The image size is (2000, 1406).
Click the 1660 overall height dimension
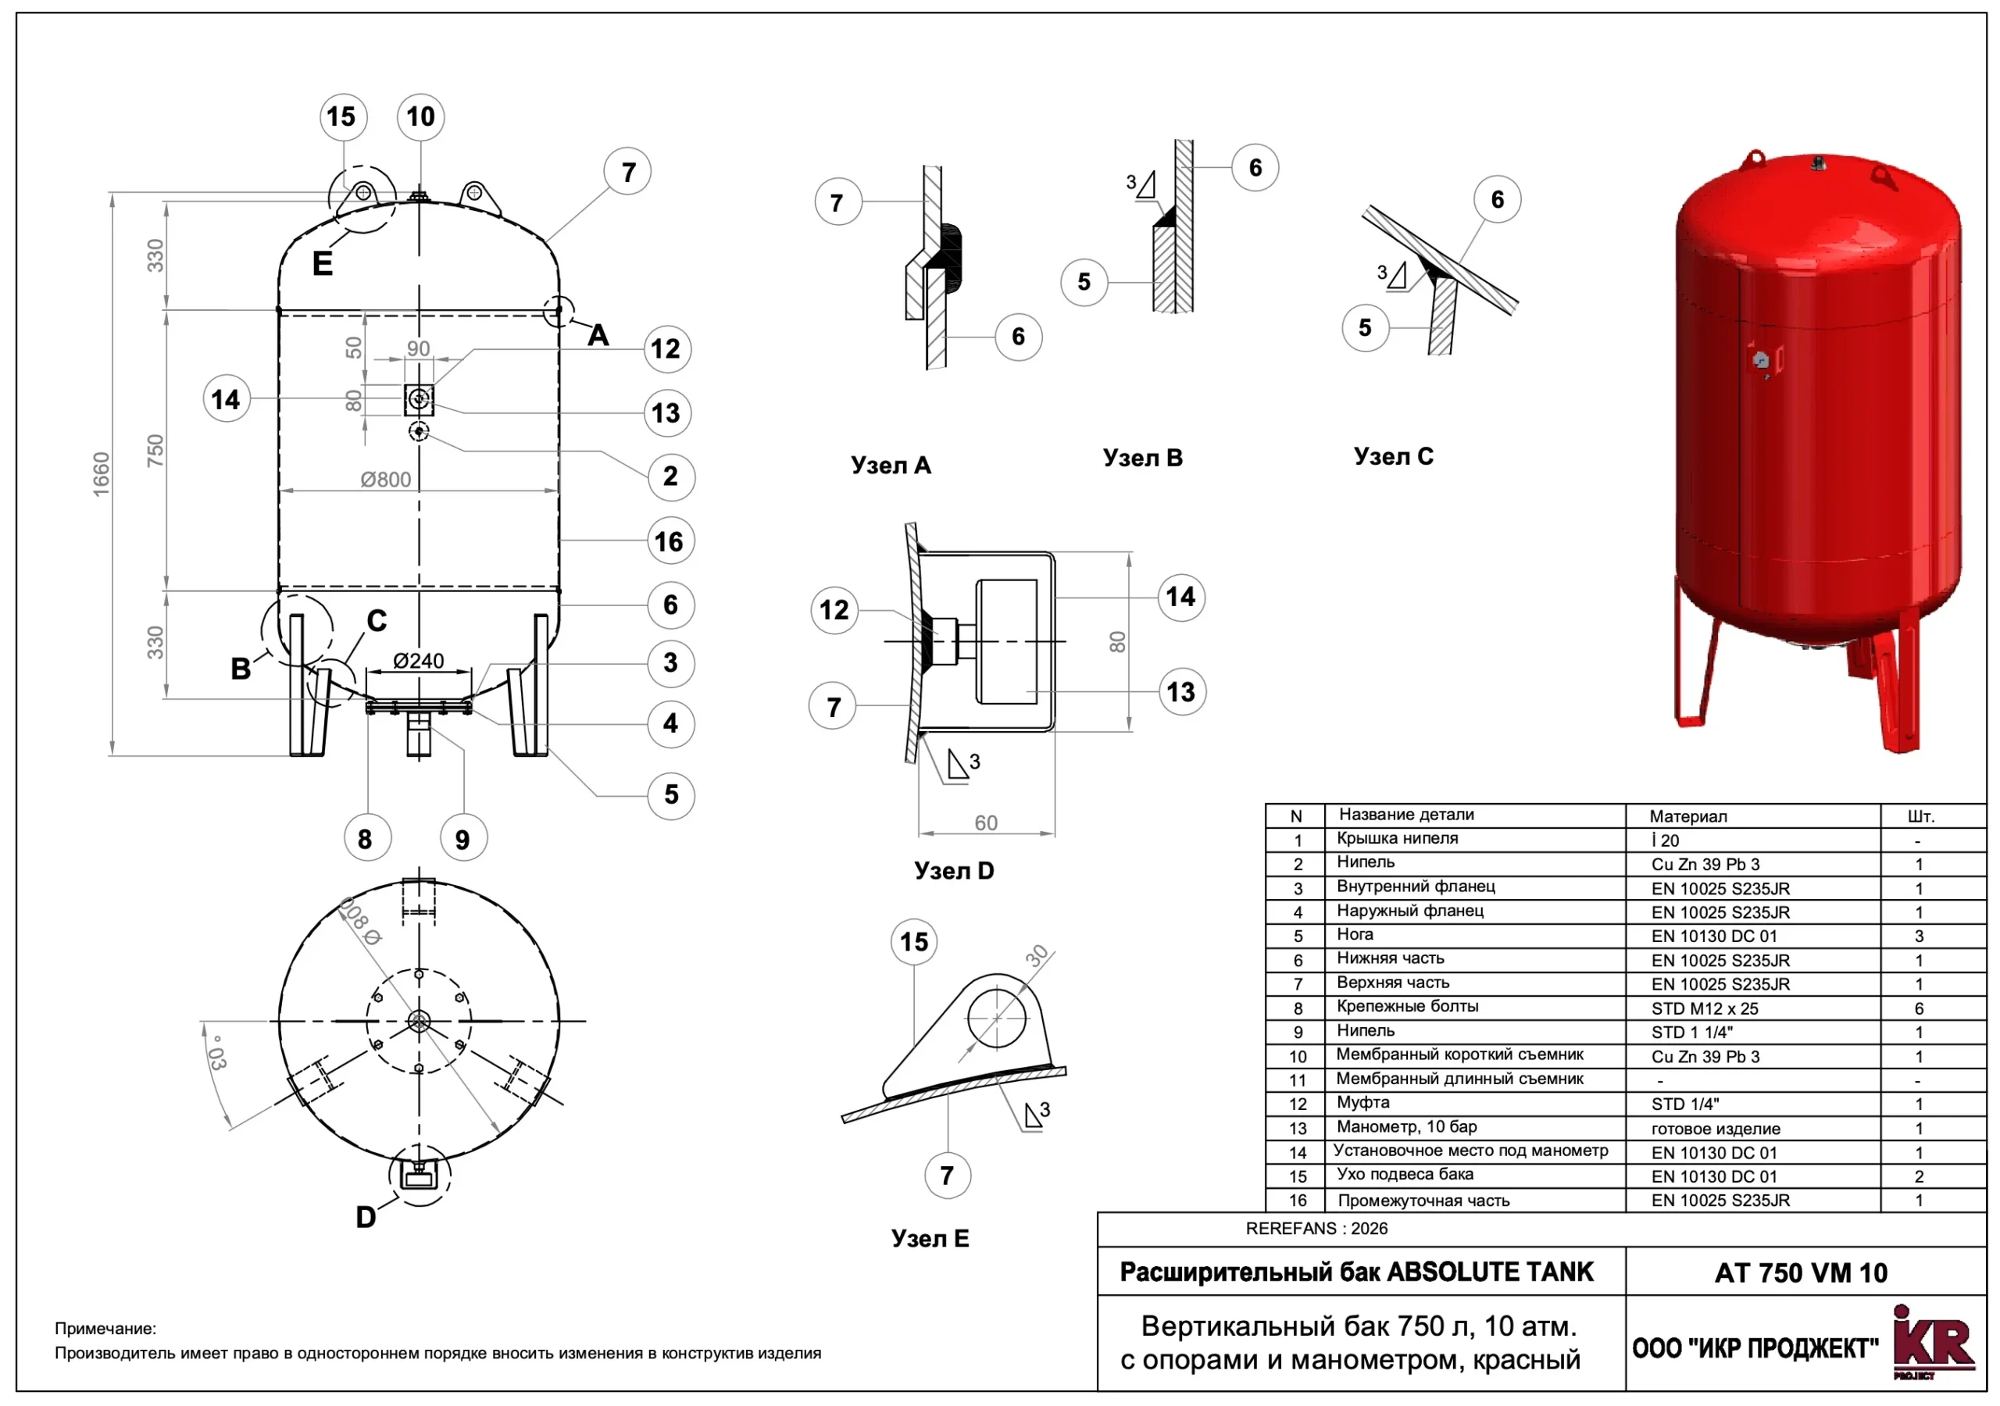point(102,475)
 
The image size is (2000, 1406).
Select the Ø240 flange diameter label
point(418,661)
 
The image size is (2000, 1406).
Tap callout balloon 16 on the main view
point(669,542)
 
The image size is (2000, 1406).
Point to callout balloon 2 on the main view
point(670,476)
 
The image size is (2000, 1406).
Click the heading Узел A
point(891,466)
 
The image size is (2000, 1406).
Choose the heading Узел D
point(954,870)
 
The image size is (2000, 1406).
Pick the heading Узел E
point(930,1238)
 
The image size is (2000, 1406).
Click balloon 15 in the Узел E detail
point(914,942)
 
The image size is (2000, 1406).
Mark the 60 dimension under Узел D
point(985,823)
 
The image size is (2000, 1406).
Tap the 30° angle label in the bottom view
point(217,1053)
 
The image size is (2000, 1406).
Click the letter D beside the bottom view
point(366,1217)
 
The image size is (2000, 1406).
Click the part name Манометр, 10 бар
point(1407,1126)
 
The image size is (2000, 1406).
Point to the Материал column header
point(1687,816)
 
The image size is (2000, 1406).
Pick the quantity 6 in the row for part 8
point(1919,1008)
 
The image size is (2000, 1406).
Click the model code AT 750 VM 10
point(1801,1272)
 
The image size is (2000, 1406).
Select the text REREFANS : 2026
point(1316,1228)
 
